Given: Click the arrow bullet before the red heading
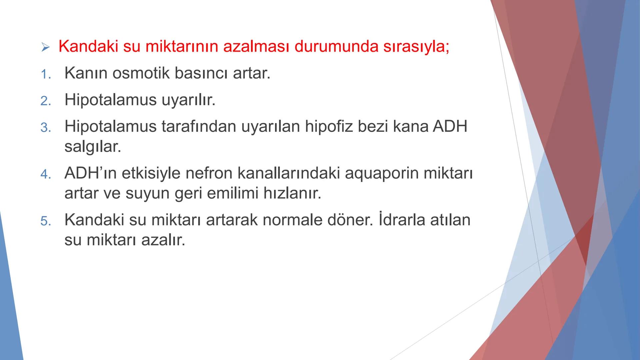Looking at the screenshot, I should click(x=45, y=47).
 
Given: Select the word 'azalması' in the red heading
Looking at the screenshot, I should click(x=256, y=47).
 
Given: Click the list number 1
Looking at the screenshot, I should click(x=45, y=74).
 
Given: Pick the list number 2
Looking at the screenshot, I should click(x=45, y=101).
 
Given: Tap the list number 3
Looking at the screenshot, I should click(x=45, y=128).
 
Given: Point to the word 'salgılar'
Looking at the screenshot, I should click(x=93, y=147).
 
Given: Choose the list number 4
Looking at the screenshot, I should click(x=45, y=174).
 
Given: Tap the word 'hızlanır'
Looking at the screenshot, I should click(x=292, y=193).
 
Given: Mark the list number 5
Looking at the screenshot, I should click(x=45, y=221).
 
